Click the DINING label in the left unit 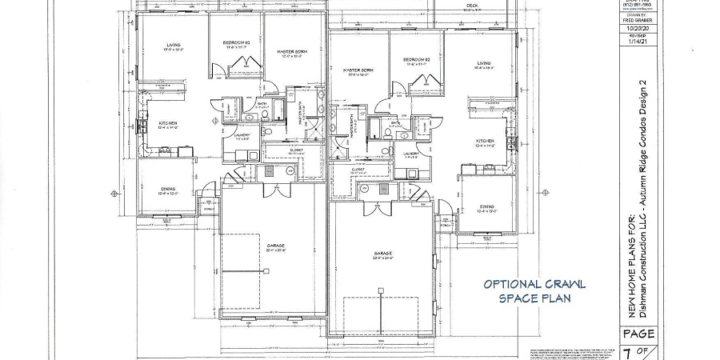167,189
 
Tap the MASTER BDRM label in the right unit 359,70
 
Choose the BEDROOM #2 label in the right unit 418,60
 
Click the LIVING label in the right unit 484,62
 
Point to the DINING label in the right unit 486,206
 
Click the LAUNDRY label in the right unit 412,152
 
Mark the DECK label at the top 472,5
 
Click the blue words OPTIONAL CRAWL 534,284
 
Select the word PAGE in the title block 638,334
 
